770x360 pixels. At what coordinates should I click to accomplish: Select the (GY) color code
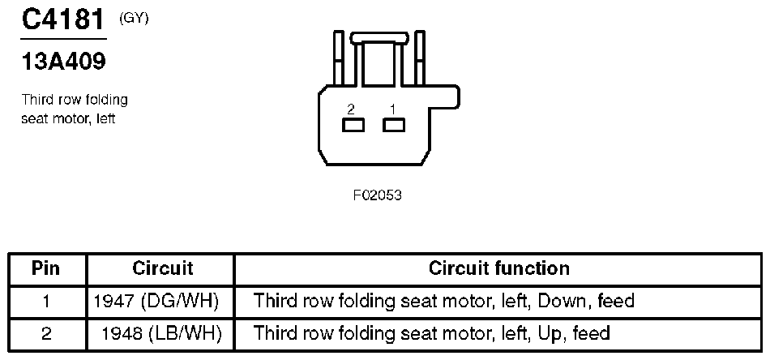pyautogui.click(x=134, y=19)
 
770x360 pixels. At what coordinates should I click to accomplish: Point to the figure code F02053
pyautogui.click(x=378, y=195)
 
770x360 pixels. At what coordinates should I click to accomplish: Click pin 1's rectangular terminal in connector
pyautogui.click(x=394, y=125)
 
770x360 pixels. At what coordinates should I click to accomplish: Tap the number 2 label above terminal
pyautogui.click(x=350, y=109)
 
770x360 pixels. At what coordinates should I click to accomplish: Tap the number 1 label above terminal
pyautogui.click(x=392, y=109)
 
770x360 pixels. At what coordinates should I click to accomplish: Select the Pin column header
pyautogui.click(x=46, y=268)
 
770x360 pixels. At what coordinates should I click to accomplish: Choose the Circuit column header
pyautogui.click(x=162, y=268)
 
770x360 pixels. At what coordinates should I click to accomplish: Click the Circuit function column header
pyautogui.click(x=498, y=268)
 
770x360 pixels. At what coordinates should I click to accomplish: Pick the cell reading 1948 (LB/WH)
pyautogui.click(x=162, y=332)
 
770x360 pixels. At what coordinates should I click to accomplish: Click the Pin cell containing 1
pyautogui.click(x=46, y=302)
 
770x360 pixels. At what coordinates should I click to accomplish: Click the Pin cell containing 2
pyautogui.click(x=46, y=332)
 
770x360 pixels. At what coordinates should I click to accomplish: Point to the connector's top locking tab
pyautogui.click(x=379, y=36)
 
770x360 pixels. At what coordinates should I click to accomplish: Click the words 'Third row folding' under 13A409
pyautogui.click(x=75, y=101)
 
